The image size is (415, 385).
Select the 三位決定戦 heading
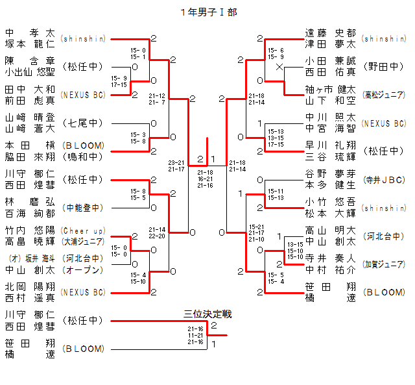207,314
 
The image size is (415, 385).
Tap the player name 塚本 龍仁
30,44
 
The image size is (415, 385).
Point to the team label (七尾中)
83,123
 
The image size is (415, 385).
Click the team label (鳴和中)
83,156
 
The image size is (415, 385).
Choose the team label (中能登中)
83,208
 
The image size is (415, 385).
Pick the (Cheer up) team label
83,230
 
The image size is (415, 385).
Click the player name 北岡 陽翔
30,286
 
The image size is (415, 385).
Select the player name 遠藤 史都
331,33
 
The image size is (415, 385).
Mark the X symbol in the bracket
279,67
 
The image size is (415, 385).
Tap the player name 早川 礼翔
331,145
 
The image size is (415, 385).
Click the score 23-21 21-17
176,166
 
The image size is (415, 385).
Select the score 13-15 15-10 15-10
295,251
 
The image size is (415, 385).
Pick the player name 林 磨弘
30,202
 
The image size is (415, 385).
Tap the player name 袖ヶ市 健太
331,89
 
